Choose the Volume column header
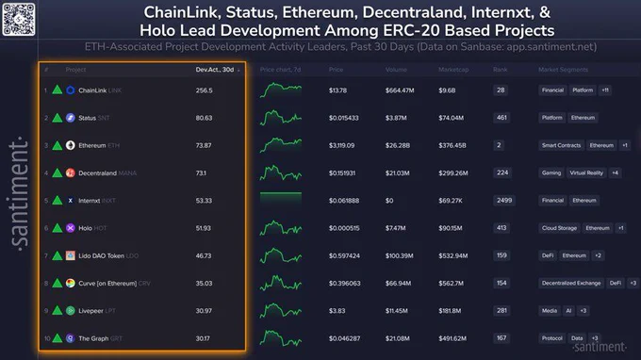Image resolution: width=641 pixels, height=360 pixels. pyautogui.click(x=392, y=70)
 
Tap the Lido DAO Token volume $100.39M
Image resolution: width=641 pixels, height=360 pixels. pyautogui.click(x=400, y=255)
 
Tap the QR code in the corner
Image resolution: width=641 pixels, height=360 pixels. pyautogui.click(x=18, y=18)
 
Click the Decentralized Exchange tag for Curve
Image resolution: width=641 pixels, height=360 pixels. pyautogui.click(x=570, y=283)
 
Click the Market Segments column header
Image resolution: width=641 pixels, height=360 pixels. pyautogui.click(x=562, y=70)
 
